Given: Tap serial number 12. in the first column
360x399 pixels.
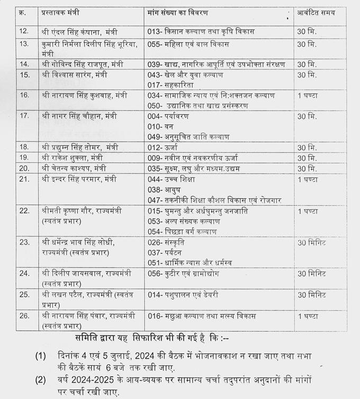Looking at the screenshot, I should coord(24,31).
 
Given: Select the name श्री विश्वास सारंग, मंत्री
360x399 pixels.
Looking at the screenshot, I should coord(74,75).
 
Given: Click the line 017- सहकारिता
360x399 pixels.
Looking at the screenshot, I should coord(170,85).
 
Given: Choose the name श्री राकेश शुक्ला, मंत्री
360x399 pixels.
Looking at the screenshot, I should coord(72,157).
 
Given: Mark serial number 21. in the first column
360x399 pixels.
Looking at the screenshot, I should coord(24,179).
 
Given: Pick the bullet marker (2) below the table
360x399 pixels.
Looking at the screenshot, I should coord(41,379).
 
